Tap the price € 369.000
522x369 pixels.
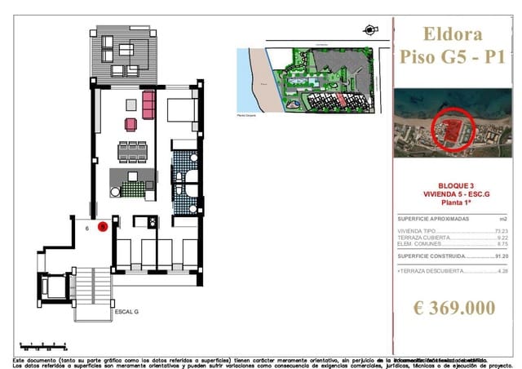[453, 308]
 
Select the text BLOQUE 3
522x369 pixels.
[453, 185]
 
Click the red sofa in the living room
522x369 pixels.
[148, 104]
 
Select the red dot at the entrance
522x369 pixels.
[103, 228]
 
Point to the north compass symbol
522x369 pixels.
[371, 30]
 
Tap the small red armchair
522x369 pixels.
[130, 124]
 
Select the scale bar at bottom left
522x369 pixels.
[41, 347]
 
